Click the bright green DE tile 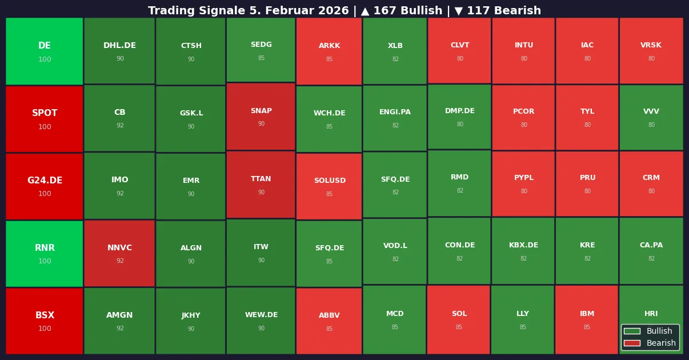(45, 51)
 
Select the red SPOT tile (45, 119)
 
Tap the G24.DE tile (45, 186)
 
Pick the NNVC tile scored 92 (119, 253)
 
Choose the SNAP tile (261, 117)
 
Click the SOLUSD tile (329, 186)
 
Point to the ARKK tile (329, 51)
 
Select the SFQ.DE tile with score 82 (395, 185)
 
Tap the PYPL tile (523, 183)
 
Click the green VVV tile (651, 117)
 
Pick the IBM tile (587, 319)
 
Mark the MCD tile (395, 319)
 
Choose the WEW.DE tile (261, 321)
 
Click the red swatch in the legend (632, 343)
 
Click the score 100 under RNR (45, 261)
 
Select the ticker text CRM (651, 178)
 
